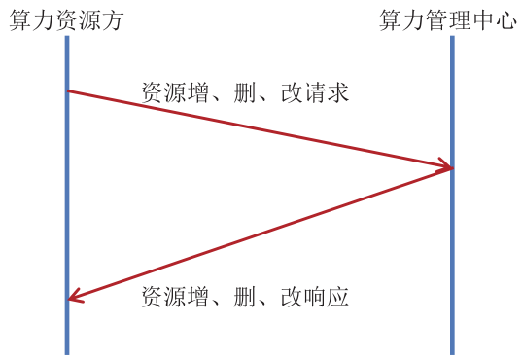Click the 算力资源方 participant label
point(67,20)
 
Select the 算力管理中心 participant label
point(447,20)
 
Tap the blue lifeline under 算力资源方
point(67,214)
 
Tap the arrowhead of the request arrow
point(445,167)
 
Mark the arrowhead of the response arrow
point(75,298)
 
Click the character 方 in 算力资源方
point(114,20)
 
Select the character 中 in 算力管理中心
point(482,20)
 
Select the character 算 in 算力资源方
point(20,20)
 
